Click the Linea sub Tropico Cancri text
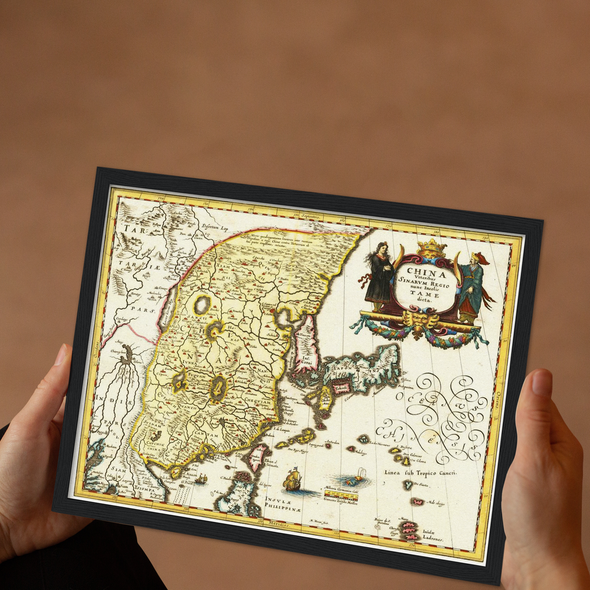pos(420,473)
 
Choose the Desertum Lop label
pos(215,228)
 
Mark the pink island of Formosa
pos(257,457)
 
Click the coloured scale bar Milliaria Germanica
pos(341,494)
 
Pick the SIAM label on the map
pos(119,470)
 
